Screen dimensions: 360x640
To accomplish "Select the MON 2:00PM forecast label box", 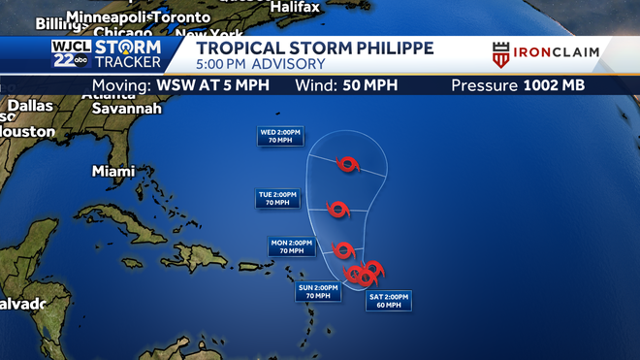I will click(x=291, y=245).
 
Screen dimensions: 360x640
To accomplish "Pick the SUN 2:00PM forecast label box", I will click(x=318, y=291).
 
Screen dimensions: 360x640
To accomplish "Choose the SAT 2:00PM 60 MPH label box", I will click(x=389, y=300).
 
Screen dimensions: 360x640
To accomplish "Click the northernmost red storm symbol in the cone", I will click(x=347, y=164).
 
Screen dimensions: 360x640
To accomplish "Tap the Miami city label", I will click(x=113, y=171).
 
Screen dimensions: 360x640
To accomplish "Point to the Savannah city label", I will click(x=126, y=109).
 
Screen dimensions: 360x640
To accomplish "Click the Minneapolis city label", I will click(x=109, y=17).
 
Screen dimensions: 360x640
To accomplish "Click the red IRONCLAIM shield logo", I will click(x=501, y=54).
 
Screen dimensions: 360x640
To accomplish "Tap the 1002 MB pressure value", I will click(x=554, y=85).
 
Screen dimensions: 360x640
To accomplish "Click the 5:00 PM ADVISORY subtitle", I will click(x=261, y=64).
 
